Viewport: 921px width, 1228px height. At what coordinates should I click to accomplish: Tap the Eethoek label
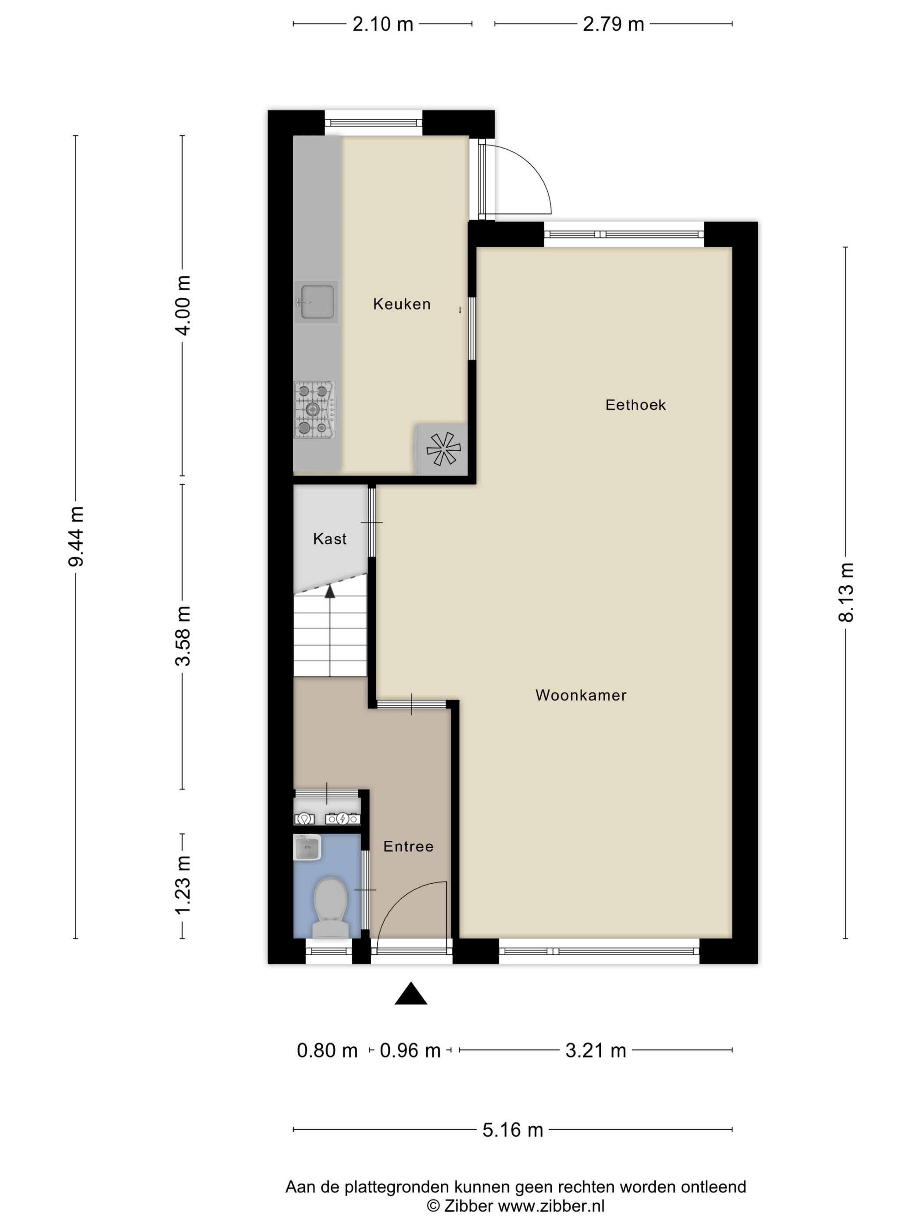(x=635, y=405)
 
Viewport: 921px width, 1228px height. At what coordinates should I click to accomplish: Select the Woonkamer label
(x=581, y=695)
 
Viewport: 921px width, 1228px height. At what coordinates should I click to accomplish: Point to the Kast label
(x=330, y=539)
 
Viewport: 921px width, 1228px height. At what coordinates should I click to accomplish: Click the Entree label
(x=408, y=846)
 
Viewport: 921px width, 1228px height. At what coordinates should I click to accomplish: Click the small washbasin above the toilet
(x=307, y=847)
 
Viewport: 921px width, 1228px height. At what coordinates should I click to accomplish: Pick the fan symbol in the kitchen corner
(x=443, y=449)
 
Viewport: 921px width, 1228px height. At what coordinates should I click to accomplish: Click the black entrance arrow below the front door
(x=411, y=994)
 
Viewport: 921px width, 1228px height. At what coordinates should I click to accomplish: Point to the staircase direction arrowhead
(x=330, y=591)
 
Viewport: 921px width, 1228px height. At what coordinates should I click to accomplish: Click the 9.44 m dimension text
(x=75, y=536)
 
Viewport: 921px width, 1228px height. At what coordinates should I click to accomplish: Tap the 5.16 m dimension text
(x=512, y=1130)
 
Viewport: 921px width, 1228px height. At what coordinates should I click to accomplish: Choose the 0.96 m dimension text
(x=410, y=1050)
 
